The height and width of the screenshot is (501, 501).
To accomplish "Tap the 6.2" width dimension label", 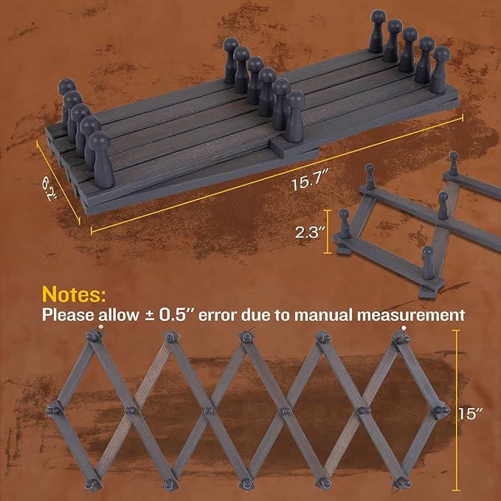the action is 50,189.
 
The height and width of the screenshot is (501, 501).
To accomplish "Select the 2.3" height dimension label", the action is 307,232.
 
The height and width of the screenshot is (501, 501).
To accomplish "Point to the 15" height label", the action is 470,413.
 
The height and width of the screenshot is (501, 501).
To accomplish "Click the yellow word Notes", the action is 74,294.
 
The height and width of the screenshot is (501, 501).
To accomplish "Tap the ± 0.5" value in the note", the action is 170,315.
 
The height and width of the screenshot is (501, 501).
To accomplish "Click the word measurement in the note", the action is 411,315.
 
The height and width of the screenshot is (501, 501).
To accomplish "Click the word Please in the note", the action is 68,315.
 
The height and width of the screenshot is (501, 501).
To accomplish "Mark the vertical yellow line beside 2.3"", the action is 327,232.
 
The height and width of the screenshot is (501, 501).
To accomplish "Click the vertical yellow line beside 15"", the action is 456,410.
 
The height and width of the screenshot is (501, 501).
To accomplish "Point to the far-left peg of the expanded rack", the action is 52,410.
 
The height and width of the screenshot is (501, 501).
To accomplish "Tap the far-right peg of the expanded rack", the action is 442,410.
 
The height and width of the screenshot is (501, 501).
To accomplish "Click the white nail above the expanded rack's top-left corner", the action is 101,327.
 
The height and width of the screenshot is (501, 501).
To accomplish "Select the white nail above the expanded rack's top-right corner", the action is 404,328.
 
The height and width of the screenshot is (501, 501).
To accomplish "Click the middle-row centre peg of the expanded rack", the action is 208,410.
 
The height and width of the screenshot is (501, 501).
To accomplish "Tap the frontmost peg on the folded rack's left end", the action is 101,159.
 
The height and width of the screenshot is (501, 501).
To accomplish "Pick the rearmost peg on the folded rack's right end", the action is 377,31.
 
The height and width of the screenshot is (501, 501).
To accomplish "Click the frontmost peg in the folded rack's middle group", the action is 294,117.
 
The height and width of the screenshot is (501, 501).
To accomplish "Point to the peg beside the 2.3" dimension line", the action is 344,224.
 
